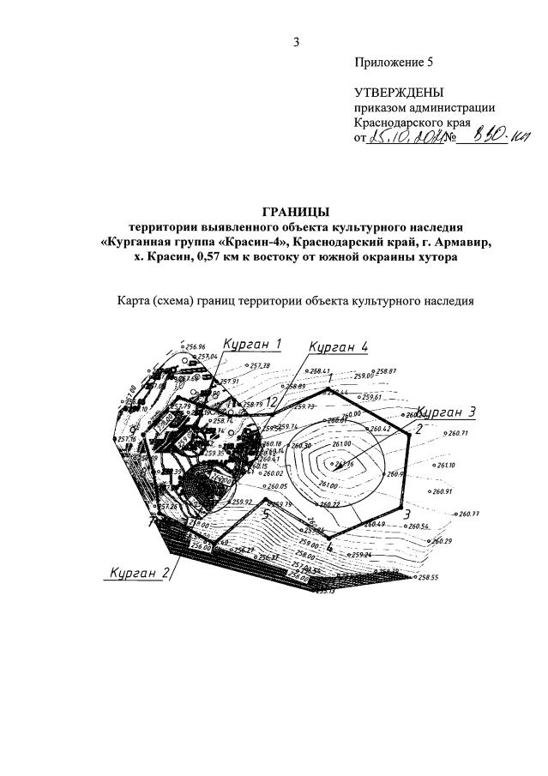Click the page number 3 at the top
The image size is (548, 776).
297,42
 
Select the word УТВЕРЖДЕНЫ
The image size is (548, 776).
400,93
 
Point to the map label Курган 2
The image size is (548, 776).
135,573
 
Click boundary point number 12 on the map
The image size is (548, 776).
270,401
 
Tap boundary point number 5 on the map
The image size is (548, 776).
266,516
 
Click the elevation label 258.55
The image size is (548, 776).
428,578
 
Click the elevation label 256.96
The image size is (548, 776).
196,347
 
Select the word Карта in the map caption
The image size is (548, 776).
136,301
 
